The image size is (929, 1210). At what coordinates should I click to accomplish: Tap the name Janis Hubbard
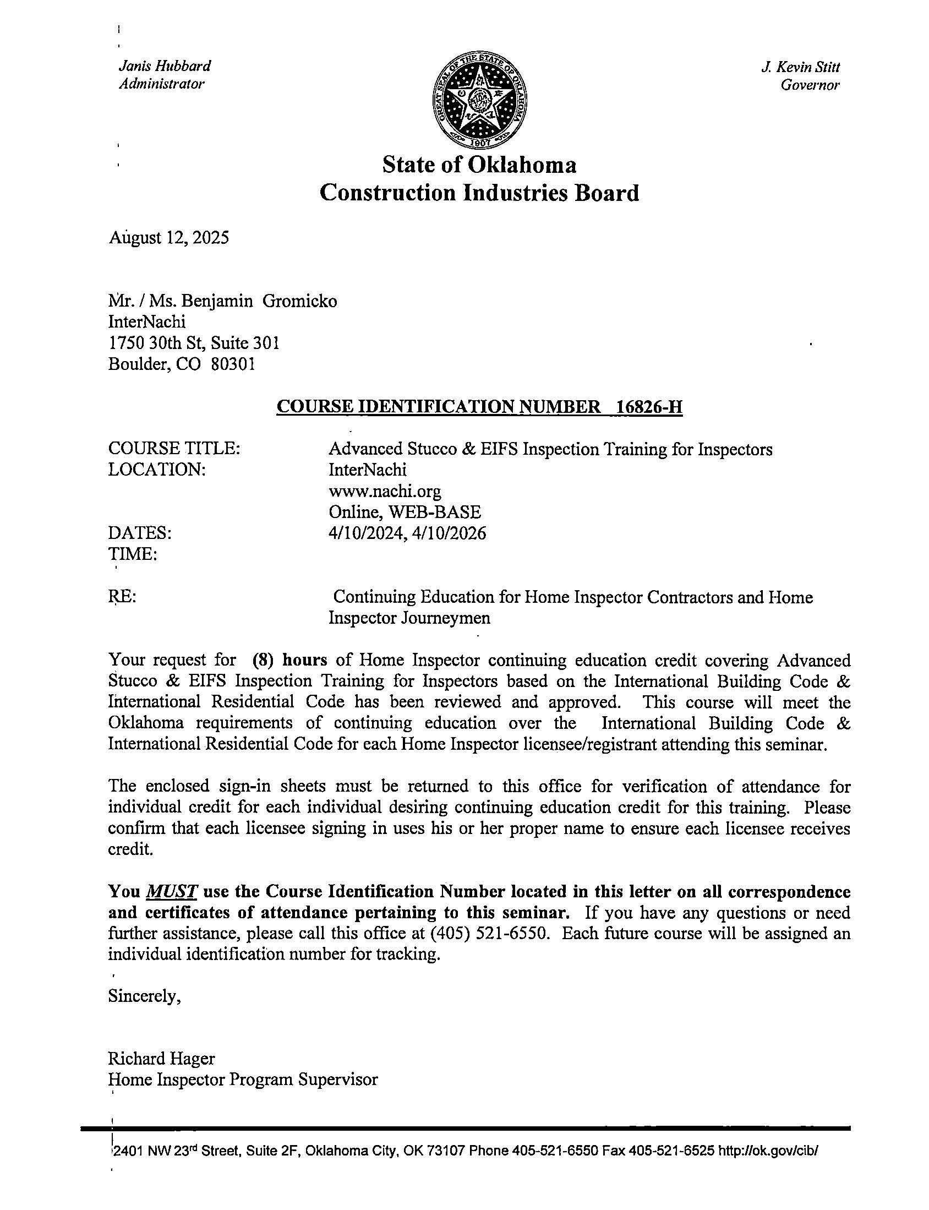[165, 66]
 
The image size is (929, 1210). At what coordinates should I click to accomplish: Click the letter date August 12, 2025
[168, 238]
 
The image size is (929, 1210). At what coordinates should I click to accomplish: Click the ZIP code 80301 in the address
[233, 364]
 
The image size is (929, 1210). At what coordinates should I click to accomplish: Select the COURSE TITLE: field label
[174, 449]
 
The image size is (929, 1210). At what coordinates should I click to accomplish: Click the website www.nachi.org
[384, 490]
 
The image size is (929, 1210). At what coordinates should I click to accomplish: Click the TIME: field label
[133, 554]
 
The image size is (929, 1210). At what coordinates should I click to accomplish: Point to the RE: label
[122, 597]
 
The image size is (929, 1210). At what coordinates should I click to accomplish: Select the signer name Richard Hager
[161, 1059]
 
